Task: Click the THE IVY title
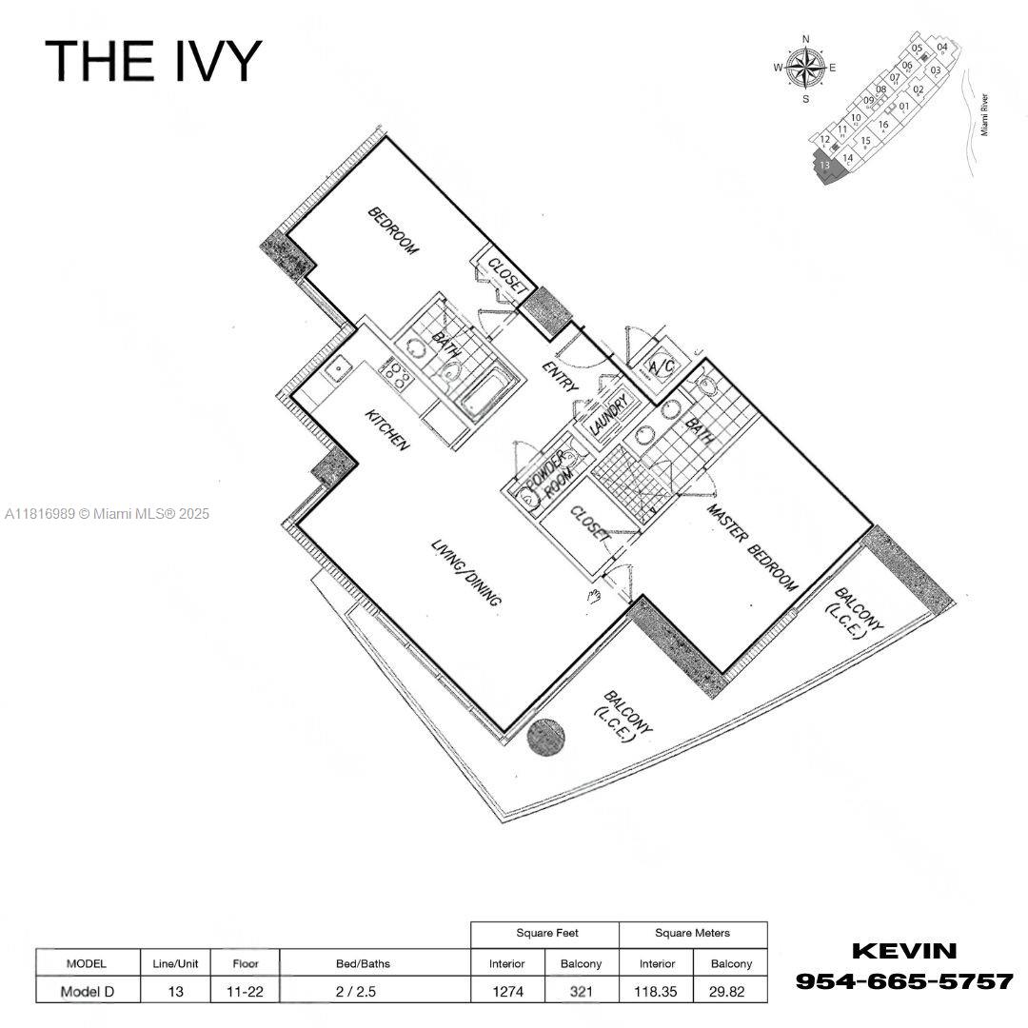tap(152, 60)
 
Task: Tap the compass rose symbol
tap(806, 68)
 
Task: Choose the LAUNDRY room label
tap(609, 417)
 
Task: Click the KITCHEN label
tap(388, 430)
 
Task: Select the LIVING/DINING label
tap(466, 574)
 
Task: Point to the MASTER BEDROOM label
tap(751, 548)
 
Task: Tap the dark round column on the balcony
tap(546, 738)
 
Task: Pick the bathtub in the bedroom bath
tap(489, 393)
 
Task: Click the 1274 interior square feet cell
tap(507, 991)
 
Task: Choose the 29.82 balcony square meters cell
tap(730, 991)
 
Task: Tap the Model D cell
tap(87, 991)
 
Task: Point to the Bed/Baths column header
tap(363, 963)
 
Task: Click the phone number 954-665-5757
tap(903, 980)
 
